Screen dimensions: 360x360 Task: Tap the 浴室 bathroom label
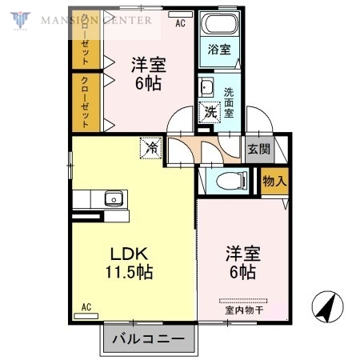click(218, 50)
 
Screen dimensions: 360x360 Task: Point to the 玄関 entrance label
click(258, 148)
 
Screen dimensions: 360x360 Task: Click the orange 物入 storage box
click(274, 182)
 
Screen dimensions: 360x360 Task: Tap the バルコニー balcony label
click(147, 339)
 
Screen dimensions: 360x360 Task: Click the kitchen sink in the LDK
click(112, 198)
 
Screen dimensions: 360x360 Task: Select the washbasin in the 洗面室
click(206, 88)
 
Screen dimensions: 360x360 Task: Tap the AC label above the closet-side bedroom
click(181, 23)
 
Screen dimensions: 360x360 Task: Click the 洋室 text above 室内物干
click(240, 254)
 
